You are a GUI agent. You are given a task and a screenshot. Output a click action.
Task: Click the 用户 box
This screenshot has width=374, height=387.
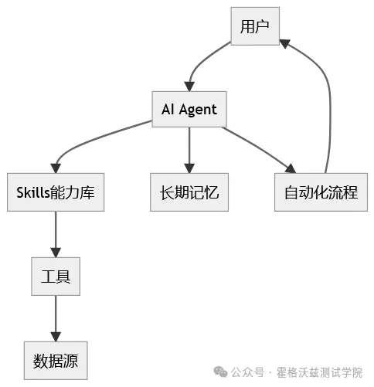254,27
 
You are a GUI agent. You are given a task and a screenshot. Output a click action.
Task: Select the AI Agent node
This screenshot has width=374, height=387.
189,110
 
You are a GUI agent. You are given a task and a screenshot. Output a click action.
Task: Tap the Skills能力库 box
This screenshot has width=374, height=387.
56,192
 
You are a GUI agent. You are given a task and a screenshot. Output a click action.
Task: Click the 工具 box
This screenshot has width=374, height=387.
56,275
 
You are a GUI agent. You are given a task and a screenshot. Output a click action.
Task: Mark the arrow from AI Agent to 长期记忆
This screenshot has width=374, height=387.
189,151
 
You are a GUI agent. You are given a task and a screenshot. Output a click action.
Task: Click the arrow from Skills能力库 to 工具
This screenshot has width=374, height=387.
56,234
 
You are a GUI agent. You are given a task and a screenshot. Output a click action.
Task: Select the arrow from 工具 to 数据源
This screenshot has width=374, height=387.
56,317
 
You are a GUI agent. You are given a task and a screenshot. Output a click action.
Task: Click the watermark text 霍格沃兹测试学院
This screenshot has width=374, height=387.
318,372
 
